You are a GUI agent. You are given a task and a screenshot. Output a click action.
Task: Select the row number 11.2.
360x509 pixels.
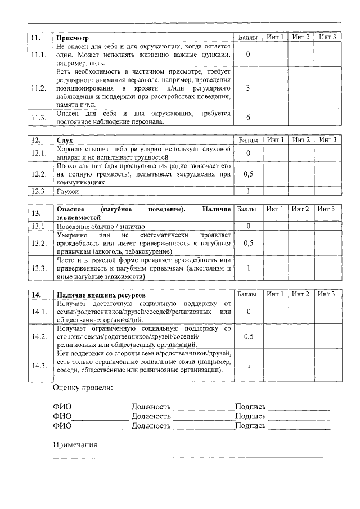click(x=39, y=88)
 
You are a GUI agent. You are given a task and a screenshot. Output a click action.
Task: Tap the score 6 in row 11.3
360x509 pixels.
click(x=247, y=117)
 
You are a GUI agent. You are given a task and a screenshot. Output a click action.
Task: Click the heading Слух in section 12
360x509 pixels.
click(x=65, y=139)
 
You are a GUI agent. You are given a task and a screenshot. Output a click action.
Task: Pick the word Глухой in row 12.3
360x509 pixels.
click(x=67, y=192)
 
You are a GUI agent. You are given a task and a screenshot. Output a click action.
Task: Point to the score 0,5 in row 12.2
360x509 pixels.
click(x=247, y=174)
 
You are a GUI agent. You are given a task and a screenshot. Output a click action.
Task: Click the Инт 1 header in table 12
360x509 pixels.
click(x=275, y=139)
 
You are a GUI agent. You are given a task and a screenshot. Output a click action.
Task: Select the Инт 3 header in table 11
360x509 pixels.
click(x=327, y=37)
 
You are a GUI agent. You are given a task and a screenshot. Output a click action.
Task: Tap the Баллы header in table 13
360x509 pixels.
click(x=247, y=209)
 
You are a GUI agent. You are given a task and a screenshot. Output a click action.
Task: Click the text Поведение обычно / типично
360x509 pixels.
click(x=93, y=226)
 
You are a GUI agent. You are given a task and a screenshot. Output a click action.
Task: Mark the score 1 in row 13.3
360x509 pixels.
click(x=247, y=268)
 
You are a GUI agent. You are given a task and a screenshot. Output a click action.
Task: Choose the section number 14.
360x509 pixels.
click(x=35, y=295)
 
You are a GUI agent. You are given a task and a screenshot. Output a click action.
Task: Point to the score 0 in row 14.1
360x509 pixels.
click(x=247, y=312)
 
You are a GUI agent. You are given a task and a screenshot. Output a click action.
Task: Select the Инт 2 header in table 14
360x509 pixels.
click(x=301, y=294)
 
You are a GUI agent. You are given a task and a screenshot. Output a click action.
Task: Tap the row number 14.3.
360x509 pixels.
click(x=39, y=366)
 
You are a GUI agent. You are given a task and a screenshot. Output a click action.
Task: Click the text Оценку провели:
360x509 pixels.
click(x=82, y=388)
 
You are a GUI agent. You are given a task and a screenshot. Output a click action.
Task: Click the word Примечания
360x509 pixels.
click(x=75, y=444)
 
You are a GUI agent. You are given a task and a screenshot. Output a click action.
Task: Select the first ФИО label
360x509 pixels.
click(x=62, y=406)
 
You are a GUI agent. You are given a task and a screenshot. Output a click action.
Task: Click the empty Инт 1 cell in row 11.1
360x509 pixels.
click(x=275, y=55)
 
